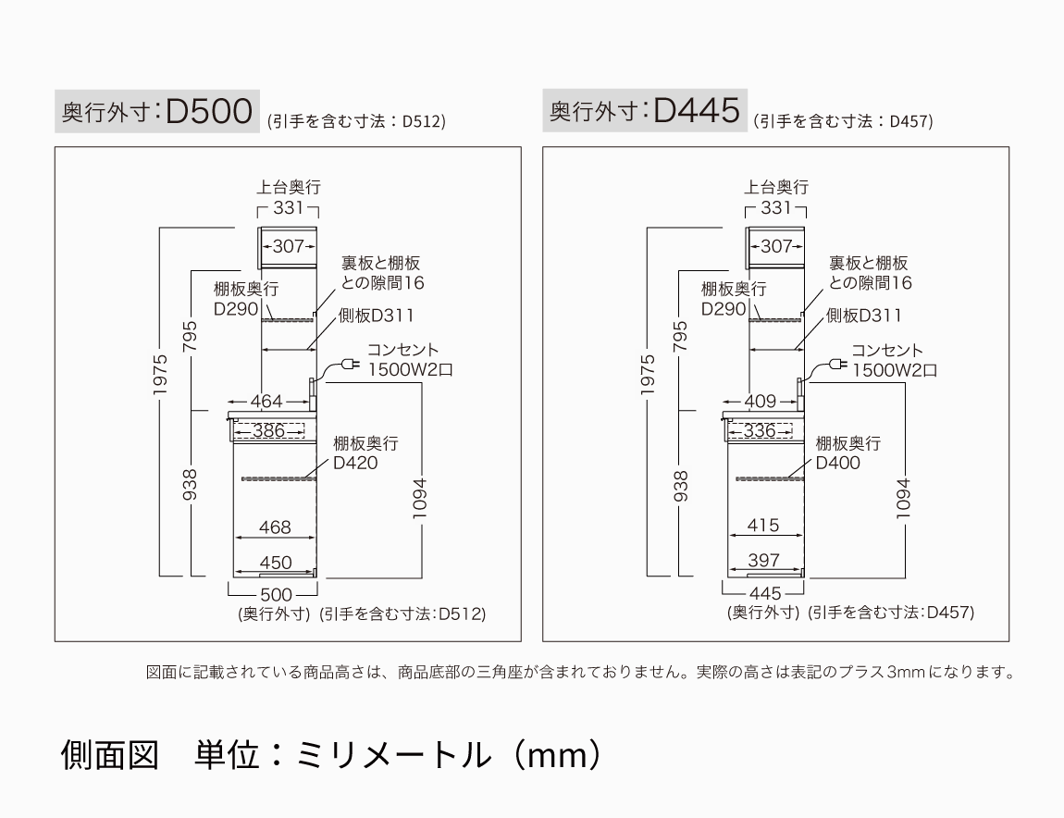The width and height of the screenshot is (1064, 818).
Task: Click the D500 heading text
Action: coord(210,112)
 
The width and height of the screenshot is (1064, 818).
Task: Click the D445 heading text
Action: coord(697,112)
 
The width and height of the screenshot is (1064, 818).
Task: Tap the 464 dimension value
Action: coord(266,402)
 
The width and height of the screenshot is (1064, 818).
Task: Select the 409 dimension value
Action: coord(761,402)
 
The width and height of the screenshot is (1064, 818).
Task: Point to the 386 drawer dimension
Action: coord(268,430)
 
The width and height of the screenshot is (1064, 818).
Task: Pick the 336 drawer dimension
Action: coord(760,430)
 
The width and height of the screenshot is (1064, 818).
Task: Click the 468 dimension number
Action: coord(275,527)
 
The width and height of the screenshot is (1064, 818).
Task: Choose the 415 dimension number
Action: coord(762,526)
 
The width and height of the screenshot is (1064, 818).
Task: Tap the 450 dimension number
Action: coord(275,563)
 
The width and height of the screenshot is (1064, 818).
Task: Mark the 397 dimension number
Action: coord(763,561)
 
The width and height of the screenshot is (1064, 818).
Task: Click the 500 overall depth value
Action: coord(276,594)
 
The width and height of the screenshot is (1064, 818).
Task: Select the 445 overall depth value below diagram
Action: coord(765,593)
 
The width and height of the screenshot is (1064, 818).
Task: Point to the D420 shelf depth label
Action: coord(355,463)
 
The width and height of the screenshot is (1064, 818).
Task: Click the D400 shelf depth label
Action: coord(837,463)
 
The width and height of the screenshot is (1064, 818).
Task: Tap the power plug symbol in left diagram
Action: coord(351,366)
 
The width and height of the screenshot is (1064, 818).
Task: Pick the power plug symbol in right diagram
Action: coord(837,366)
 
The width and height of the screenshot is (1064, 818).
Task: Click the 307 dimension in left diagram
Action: coord(288,246)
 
